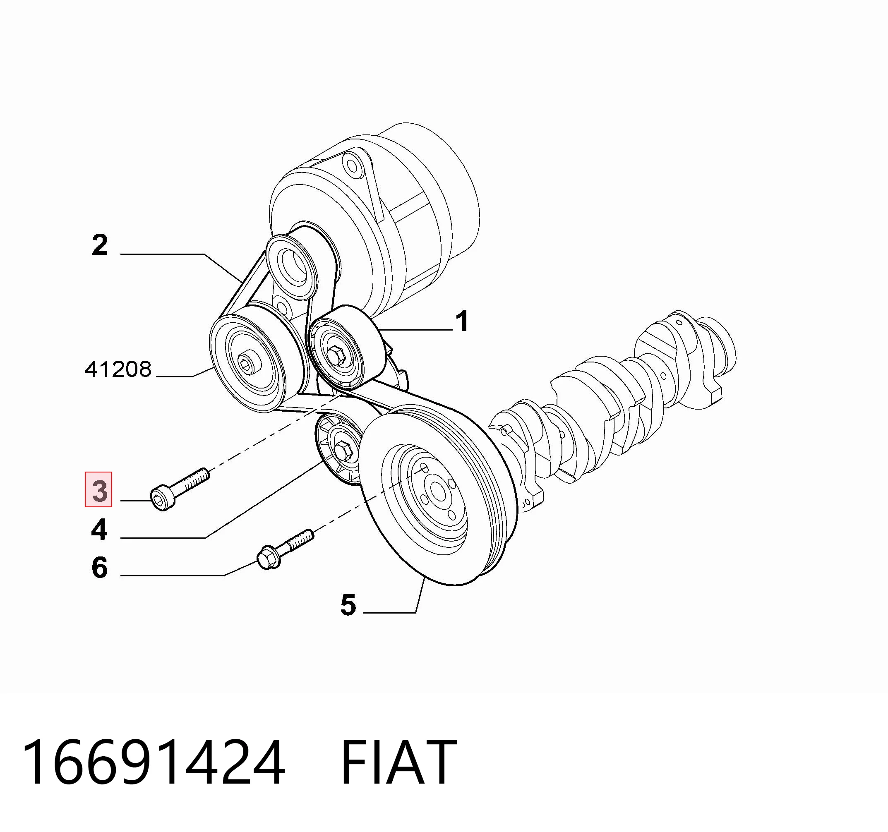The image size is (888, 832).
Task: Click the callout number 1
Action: pos(462,321)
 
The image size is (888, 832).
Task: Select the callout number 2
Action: pos(100,245)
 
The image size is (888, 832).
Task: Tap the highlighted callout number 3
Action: pos(99,490)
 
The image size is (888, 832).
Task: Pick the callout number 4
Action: pos(99,530)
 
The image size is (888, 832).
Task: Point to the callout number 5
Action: pos(348,605)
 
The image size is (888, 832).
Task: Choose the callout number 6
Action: pos(100,568)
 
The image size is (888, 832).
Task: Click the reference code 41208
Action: pos(118,369)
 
